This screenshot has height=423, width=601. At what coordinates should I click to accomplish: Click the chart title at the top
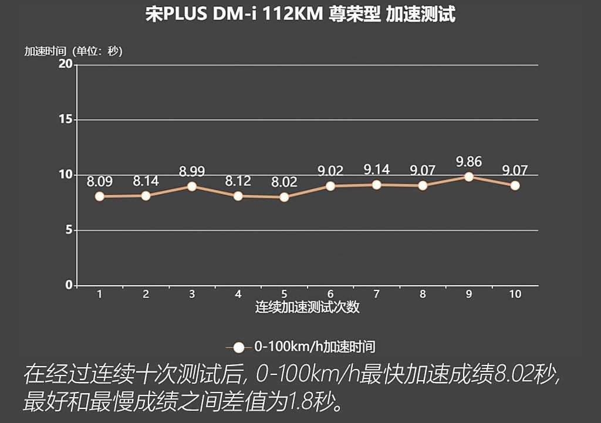pos(300,14)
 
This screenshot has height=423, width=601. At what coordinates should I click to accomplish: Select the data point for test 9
pos(469,177)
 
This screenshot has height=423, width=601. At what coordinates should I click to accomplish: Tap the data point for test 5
pos(284,197)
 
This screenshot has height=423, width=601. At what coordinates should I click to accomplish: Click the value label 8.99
pos(192,171)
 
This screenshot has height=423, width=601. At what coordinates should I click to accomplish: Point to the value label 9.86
pos(469,161)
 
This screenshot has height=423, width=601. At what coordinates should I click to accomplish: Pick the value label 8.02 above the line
pos(284,182)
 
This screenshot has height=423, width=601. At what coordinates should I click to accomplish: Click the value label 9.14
pos(376,170)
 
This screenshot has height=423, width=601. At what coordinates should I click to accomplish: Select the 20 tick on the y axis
pos(65,64)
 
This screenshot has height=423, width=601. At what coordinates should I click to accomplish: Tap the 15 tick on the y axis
pos(65,119)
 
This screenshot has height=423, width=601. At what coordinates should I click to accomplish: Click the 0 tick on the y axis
pos(68,285)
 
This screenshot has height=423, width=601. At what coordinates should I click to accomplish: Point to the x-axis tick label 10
pos(515,295)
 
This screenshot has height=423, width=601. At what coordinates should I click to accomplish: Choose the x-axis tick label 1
pos(100,295)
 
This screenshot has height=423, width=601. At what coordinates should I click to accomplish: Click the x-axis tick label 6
pos(330,295)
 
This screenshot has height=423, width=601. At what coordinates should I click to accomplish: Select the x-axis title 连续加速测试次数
pos(307,307)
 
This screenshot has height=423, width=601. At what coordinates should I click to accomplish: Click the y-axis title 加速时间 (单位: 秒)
pos(73,51)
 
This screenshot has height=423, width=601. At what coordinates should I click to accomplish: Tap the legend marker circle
pos(238,347)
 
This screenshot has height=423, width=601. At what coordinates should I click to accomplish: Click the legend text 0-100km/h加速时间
pos(314,347)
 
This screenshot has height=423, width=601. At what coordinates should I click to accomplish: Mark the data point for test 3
pos(192,187)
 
